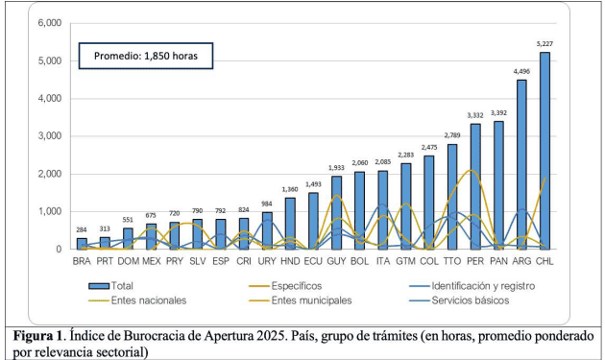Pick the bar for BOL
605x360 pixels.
(x=360, y=210)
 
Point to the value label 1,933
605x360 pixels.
(x=336, y=167)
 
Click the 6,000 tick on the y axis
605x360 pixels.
(x=48, y=22)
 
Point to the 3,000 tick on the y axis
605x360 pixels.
(x=48, y=135)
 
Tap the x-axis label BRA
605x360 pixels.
(x=82, y=260)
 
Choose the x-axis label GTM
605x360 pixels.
(x=406, y=260)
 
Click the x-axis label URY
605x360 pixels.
(x=267, y=260)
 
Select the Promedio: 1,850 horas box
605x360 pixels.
(x=145, y=55)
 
